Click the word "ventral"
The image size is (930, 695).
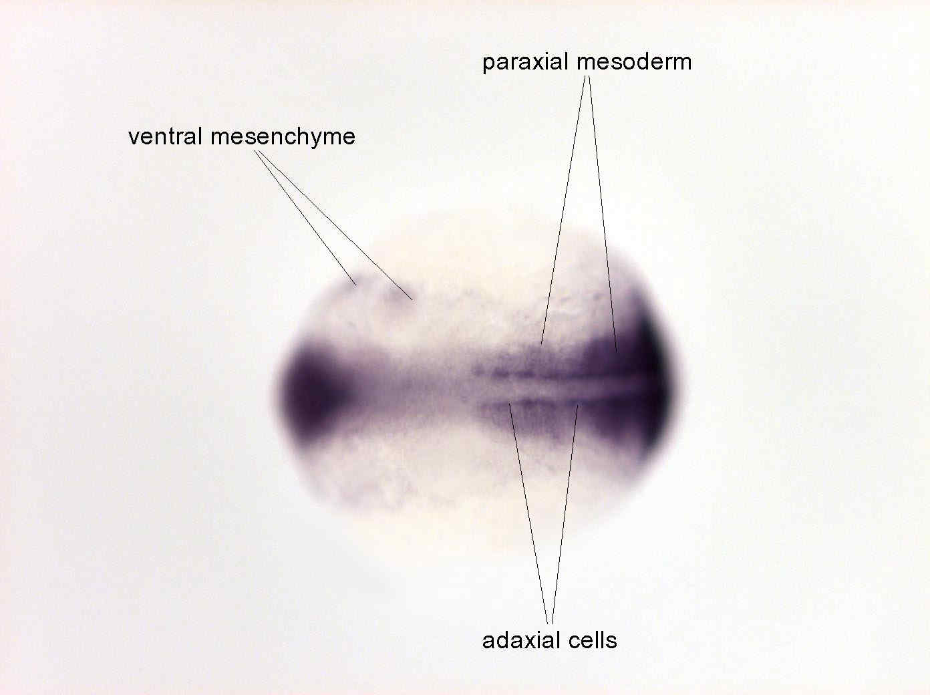(165, 137)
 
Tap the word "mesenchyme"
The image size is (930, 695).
(283, 137)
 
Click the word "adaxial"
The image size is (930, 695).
(518, 640)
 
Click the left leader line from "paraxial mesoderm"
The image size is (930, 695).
(563, 210)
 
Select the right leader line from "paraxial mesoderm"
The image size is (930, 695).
(603, 214)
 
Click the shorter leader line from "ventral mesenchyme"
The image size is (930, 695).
(305, 219)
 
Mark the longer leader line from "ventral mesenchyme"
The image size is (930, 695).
(335, 225)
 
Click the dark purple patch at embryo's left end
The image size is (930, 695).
(311, 390)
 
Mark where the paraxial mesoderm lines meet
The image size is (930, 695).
(587, 76)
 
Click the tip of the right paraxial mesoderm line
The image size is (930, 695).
(617, 352)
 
